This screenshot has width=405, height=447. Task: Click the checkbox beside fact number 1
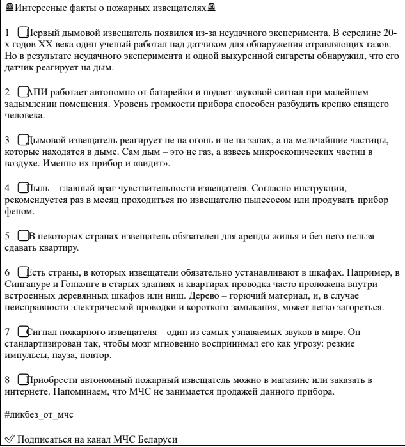[x=24, y=31]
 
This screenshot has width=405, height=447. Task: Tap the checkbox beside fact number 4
[x=24, y=188]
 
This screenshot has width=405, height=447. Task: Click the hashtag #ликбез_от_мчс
[x=39, y=415]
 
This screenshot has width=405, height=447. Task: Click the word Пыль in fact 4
[x=41, y=188]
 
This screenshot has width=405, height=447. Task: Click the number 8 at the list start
[x=7, y=379]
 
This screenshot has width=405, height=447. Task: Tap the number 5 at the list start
[x=7, y=235]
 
